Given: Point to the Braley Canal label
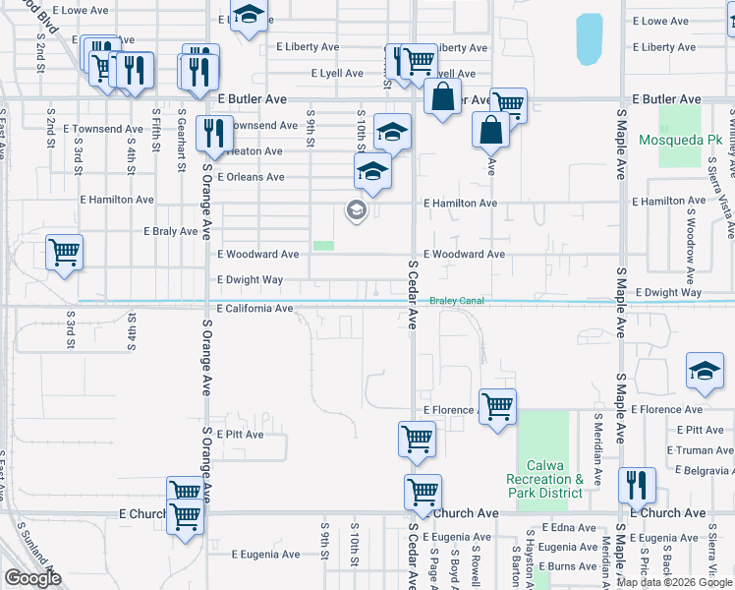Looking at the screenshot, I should pos(457,301).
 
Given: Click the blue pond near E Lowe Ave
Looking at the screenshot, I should pos(590,38).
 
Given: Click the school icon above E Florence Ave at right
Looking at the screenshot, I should pos(704,370).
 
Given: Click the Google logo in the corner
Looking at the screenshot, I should pos(32,579).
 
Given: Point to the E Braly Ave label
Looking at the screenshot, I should pos(171,232).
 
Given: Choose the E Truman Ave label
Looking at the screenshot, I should pos(700,450).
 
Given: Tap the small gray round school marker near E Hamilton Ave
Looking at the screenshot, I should pos(356,209).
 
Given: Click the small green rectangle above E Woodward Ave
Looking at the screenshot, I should pos(323,246).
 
